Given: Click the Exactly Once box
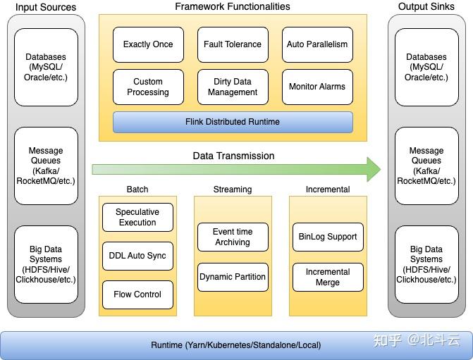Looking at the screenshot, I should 148,44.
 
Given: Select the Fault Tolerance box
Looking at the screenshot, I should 233,44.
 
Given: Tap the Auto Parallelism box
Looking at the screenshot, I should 317,44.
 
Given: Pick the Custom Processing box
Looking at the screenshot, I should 148,87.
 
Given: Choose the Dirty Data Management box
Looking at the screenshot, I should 233,87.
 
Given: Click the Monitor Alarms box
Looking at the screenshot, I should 317,87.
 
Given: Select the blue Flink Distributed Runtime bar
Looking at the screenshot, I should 233,122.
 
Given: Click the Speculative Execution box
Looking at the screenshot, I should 137,217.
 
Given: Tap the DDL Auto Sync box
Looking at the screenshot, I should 137,256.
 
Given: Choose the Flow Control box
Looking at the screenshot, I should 137,294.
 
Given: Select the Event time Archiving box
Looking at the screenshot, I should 233,237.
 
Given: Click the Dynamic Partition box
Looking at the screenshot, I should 233,277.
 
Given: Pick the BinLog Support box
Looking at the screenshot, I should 328,237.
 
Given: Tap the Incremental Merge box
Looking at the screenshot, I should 328,277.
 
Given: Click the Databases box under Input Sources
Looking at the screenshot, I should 46,67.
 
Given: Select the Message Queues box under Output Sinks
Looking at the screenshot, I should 426,166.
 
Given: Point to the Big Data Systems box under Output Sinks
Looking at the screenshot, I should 426,264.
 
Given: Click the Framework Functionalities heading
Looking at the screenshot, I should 233,6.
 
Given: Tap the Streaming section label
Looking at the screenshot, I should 233,190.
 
